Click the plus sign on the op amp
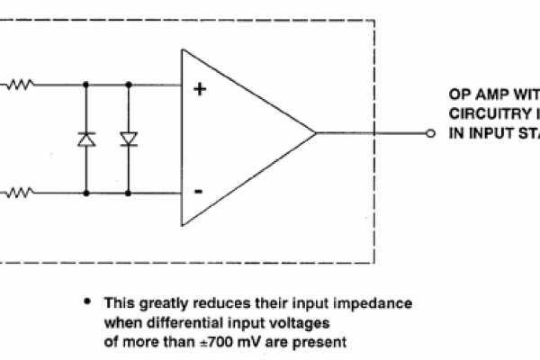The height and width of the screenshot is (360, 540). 200,88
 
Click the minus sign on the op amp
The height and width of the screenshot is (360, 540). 198,192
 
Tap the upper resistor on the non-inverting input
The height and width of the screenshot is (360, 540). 21,86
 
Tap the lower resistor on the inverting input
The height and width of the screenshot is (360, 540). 21,192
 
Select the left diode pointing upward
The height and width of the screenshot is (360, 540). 85,139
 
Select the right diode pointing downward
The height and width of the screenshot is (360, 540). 127,139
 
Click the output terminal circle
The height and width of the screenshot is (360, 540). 430,134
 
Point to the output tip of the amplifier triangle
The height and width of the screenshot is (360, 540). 315,134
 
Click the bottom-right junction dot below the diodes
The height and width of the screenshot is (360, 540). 127,192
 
